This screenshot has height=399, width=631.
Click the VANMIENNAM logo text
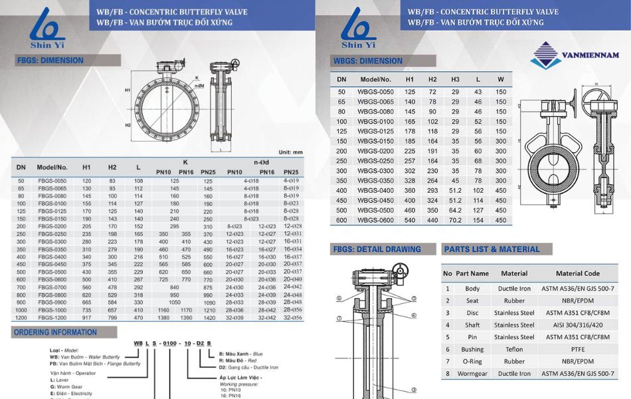(x=590, y=55)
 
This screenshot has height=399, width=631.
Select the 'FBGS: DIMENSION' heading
(x=50, y=61)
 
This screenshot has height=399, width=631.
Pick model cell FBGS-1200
(x=52, y=318)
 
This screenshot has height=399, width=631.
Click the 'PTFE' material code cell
(x=577, y=349)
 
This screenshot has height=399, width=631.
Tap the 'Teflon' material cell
(x=513, y=349)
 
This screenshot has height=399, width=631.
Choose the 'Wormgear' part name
(x=472, y=374)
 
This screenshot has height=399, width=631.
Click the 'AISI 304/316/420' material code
(x=577, y=325)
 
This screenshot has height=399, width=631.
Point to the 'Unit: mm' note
(x=291, y=152)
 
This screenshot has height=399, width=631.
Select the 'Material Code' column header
(x=577, y=273)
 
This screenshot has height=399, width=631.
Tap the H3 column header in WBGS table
(x=455, y=79)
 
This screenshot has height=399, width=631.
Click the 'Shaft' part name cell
(x=472, y=325)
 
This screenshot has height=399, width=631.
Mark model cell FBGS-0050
(x=52, y=181)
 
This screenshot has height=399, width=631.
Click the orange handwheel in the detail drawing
(x=401, y=272)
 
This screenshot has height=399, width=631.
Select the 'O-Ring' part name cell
(x=472, y=362)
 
